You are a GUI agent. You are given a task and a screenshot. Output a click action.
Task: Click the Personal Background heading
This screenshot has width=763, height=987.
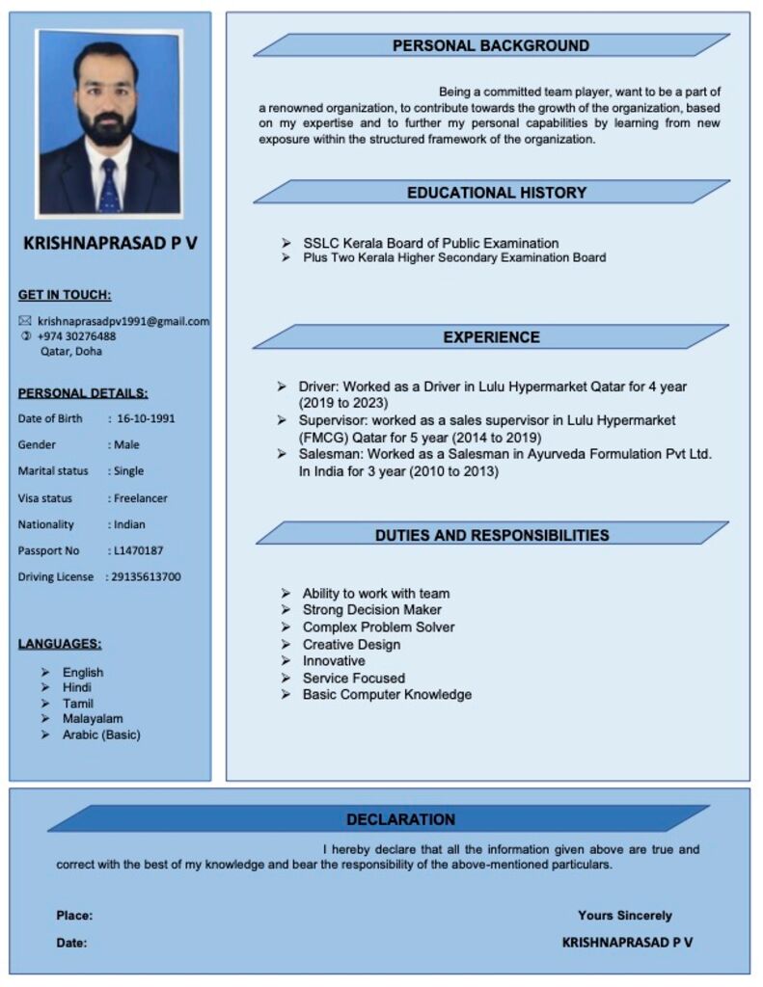490,45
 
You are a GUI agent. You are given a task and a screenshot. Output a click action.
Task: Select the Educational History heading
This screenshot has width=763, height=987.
496,193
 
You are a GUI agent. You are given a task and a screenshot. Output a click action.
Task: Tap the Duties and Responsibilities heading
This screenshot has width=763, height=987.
492,535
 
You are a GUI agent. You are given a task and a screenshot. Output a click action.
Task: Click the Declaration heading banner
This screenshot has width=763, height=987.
400,819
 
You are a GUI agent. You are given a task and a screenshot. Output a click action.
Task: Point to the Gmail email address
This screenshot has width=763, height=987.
123,321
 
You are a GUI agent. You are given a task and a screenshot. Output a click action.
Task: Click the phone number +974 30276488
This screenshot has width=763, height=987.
77,336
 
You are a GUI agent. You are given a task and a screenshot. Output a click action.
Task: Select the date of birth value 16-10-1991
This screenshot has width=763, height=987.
146,418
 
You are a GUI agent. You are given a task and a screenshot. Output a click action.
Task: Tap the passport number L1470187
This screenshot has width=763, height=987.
137,550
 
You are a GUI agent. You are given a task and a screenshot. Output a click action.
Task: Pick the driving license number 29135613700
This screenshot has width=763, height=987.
145,576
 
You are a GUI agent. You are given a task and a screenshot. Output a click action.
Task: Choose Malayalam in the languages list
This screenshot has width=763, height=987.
93,718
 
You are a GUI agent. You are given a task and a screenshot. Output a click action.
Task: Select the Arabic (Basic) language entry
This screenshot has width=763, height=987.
101,734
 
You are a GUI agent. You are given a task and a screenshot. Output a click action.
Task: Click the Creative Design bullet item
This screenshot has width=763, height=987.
351,644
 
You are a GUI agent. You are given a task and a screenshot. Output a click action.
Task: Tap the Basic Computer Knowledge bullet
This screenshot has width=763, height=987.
387,694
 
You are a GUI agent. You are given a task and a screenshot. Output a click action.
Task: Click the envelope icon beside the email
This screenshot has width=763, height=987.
26,321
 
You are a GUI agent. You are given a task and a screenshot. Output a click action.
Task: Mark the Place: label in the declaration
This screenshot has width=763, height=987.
74,916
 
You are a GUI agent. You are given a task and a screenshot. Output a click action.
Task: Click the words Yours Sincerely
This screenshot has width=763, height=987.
625,916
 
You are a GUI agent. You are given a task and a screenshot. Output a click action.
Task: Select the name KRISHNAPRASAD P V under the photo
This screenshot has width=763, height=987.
110,243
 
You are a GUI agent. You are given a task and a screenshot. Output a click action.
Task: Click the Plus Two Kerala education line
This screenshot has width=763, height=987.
454,257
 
